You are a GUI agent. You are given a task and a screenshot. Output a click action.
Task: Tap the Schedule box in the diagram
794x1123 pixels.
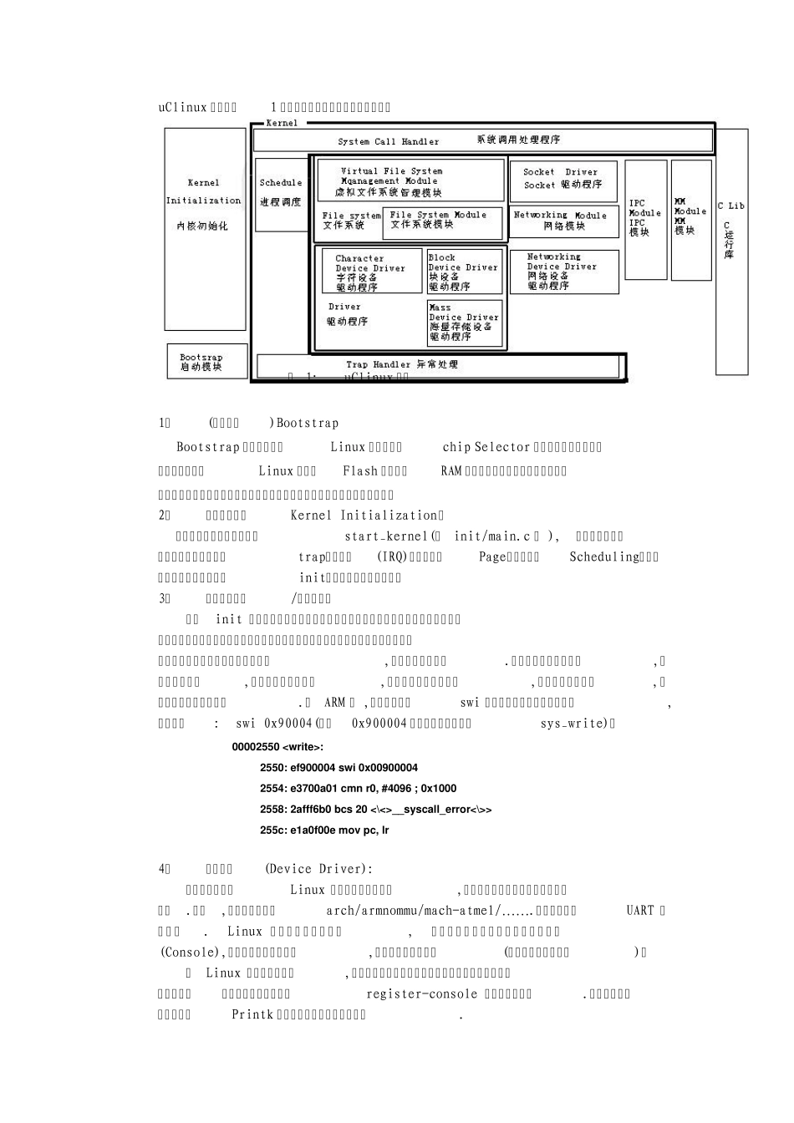[x=281, y=194]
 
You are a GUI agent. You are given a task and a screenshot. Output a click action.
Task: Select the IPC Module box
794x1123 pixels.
[x=645, y=219]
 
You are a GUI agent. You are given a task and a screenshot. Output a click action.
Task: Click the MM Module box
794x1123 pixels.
[x=690, y=219]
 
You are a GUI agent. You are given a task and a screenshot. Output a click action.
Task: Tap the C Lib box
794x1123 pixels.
[x=732, y=251]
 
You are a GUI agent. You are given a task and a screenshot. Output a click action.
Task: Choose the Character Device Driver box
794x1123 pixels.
[x=372, y=272]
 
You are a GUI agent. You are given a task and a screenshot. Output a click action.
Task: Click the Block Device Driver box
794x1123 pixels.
[x=465, y=272]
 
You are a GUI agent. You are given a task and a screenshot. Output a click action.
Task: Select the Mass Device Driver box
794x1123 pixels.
[x=465, y=323]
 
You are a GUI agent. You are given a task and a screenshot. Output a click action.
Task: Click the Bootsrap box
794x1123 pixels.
[x=206, y=360]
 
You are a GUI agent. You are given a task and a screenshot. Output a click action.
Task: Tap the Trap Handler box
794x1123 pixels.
[x=440, y=365]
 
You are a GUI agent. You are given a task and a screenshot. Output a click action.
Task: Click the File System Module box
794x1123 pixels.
[x=443, y=221]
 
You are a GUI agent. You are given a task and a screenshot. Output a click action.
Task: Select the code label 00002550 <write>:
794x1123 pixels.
[x=277, y=746]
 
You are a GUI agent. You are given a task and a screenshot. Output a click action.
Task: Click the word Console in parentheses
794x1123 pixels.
[x=190, y=952]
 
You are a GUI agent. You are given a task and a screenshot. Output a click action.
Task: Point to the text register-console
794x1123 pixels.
[x=421, y=993]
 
